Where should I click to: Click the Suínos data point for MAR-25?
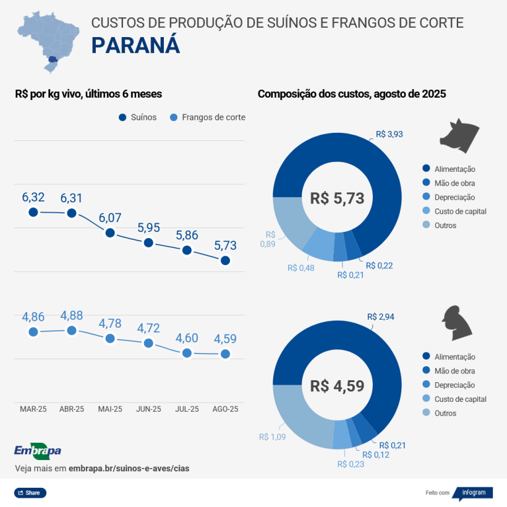(33, 212)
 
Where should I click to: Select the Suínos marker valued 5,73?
(225, 260)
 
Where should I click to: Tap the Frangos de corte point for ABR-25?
(72, 331)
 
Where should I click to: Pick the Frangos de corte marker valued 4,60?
(187, 353)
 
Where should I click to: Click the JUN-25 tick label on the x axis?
(148, 409)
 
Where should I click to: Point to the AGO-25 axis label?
(225, 409)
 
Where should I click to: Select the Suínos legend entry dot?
(122, 117)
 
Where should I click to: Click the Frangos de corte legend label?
(213, 117)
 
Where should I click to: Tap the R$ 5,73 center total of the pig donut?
(337, 198)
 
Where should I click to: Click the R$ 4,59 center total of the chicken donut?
(337, 386)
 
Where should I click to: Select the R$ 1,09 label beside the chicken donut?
(272, 437)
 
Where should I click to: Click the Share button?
(30, 493)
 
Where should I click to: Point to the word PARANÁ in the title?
(136, 46)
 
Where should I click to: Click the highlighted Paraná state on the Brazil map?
(54, 60)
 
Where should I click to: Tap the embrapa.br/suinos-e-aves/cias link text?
(129, 469)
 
